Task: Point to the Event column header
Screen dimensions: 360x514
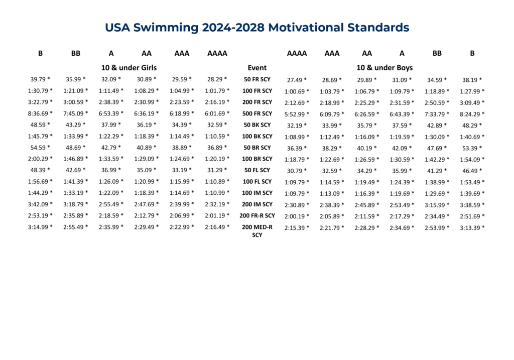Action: [x=257, y=67]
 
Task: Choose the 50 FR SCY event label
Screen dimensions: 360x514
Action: [x=257, y=79]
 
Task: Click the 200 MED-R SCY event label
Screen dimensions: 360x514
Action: [x=257, y=230]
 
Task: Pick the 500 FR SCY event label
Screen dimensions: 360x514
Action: [x=257, y=113]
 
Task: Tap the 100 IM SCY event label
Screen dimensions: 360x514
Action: [x=257, y=193]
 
